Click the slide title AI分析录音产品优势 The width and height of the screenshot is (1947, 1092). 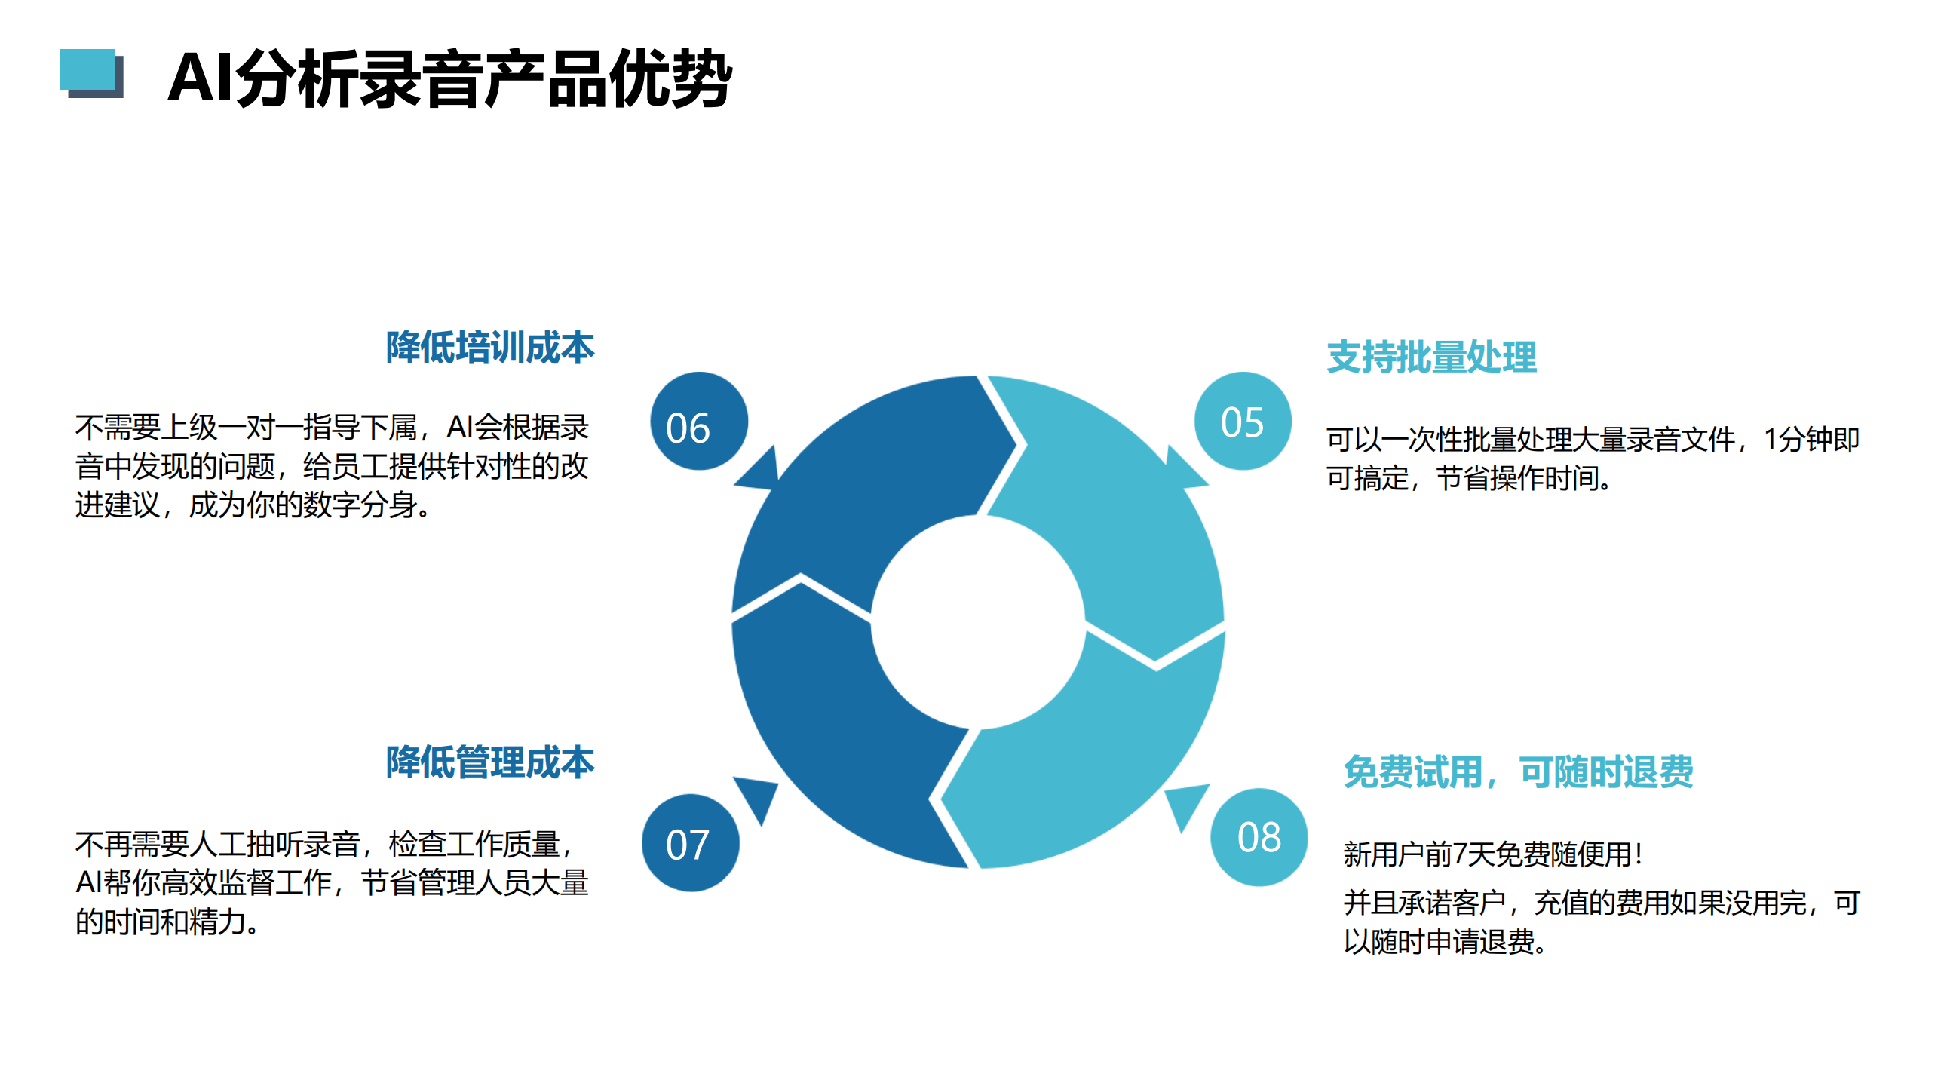tap(449, 78)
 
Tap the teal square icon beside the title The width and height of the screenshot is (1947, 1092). tap(90, 73)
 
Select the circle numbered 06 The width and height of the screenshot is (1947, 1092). tap(698, 421)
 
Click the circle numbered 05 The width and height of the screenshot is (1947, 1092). tap(1243, 421)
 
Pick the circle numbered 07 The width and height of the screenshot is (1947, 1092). tap(690, 842)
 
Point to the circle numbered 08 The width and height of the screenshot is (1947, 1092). tap(1259, 836)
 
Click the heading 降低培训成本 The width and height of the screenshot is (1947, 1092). tap(490, 347)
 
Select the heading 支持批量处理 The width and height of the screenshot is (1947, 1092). tap(1431, 357)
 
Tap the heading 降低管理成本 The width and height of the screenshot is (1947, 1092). tap(490, 762)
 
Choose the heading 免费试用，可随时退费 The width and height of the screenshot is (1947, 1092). tap(1519, 771)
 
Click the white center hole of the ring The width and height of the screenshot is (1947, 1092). tap(978, 622)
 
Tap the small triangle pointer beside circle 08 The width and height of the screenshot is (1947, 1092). tap(1185, 803)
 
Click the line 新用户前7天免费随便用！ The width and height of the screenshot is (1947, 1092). tap(1494, 854)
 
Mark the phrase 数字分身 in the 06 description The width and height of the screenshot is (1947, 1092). tap(360, 505)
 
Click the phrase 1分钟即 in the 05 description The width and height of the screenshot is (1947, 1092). tap(1811, 439)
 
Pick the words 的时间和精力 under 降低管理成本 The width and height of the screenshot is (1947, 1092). tap(160, 922)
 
